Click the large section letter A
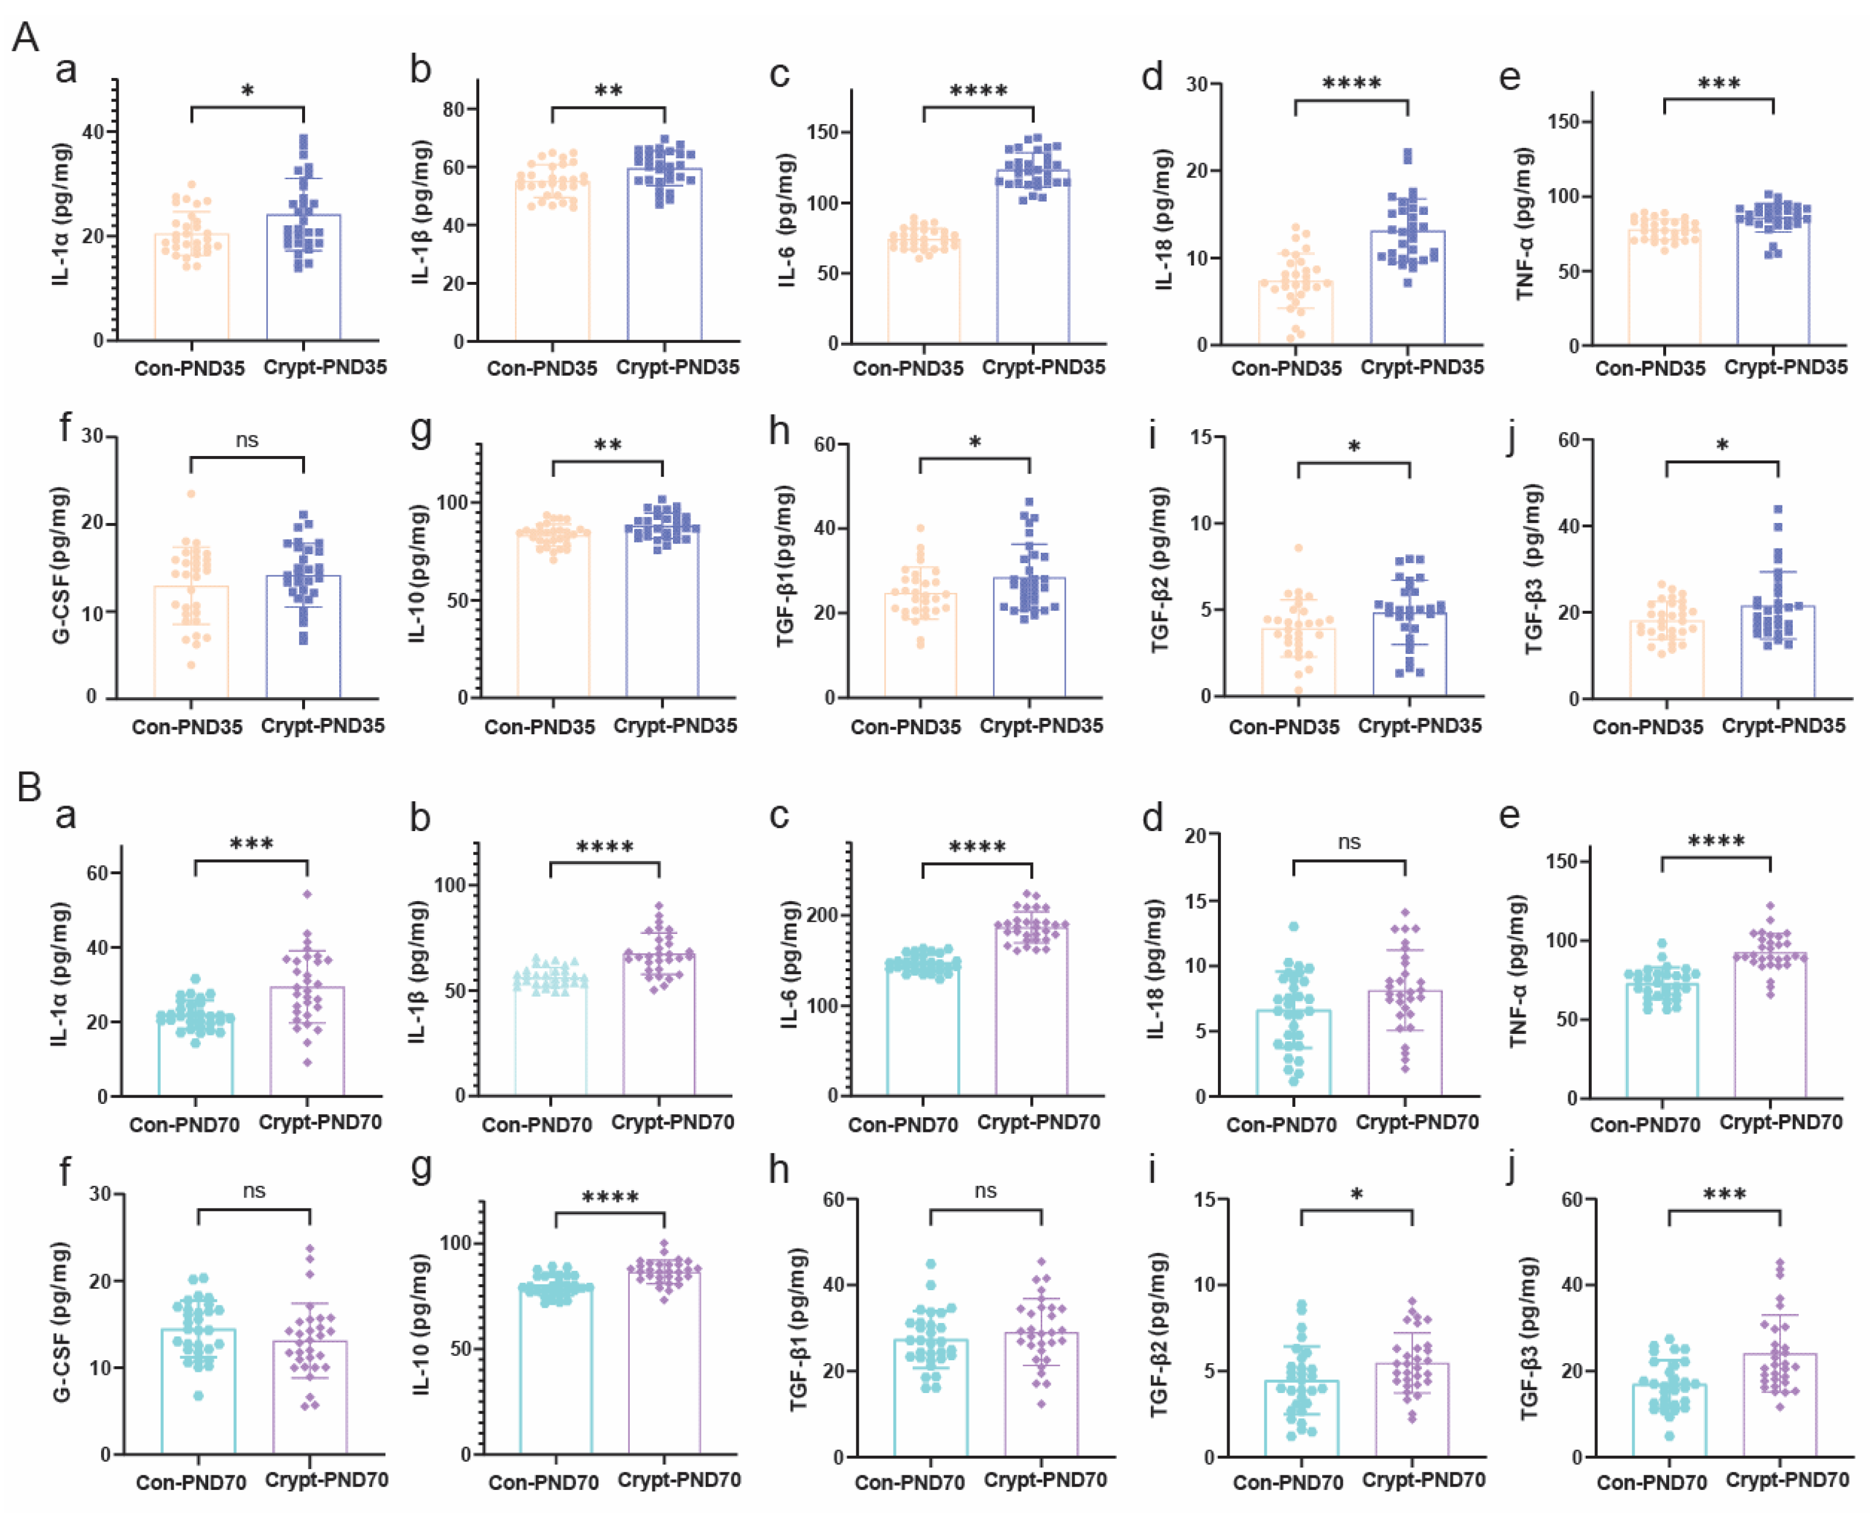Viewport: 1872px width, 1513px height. tap(26, 37)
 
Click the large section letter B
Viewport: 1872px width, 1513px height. tap(29, 787)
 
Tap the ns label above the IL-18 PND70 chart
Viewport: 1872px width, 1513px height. tap(1348, 842)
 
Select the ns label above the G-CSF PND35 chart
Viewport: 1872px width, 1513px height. tap(247, 440)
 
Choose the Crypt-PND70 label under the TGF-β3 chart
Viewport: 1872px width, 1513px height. tap(1787, 1480)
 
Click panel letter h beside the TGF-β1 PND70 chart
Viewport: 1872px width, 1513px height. tap(779, 1170)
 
